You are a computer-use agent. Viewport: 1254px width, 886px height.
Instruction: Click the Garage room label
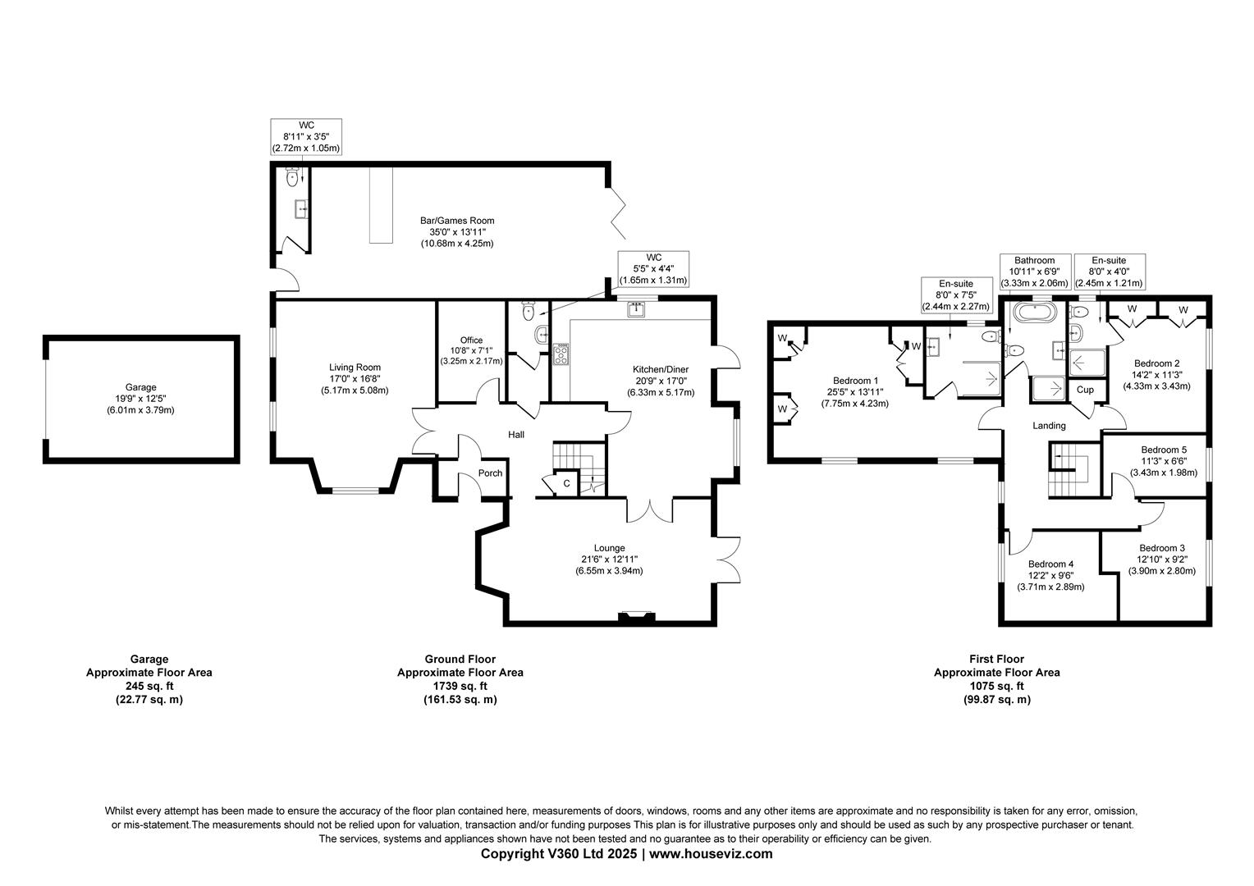pyautogui.click(x=140, y=387)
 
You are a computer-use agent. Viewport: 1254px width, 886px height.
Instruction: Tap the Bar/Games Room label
pyautogui.click(x=457, y=221)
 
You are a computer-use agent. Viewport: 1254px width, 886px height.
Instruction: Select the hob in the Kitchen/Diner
pyautogui.click(x=561, y=354)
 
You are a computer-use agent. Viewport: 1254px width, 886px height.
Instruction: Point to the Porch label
pyautogui.click(x=490, y=473)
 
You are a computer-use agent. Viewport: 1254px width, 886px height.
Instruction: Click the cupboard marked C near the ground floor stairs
pyautogui.click(x=566, y=484)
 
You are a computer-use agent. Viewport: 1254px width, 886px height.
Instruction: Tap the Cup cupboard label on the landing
pyautogui.click(x=1085, y=390)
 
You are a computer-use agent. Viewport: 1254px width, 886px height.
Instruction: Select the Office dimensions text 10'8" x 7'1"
pyautogui.click(x=471, y=351)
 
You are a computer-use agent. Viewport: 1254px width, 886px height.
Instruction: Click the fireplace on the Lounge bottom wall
pyautogui.click(x=637, y=618)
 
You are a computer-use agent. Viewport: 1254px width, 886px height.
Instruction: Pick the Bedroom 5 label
pyautogui.click(x=1164, y=450)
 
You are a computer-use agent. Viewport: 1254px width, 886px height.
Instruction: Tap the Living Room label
pyautogui.click(x=355, y=368)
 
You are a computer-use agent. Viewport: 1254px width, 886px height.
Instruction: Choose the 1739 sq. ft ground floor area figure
pyautogui.click(x=460, y=686)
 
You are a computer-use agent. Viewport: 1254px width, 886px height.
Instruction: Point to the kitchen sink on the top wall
pyautogui.click(x=636, y=309)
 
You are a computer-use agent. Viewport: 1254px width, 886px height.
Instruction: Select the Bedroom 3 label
pyautogui.click(x=1161, y=548)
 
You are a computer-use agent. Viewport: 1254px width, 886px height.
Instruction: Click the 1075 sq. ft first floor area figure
pyautogui.click(x=996, y=686)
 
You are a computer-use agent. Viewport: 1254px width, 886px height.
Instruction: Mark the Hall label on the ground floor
pyautogui.click(x=515, y=435)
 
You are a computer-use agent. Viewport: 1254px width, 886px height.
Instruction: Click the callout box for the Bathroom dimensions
pyautogui.click(x=1034, y=272)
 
